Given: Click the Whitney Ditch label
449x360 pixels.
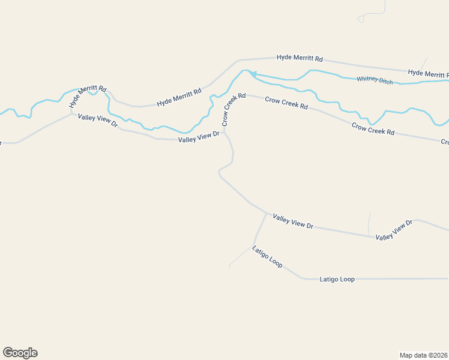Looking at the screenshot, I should [375, 80].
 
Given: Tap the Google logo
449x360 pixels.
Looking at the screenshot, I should [20, 353].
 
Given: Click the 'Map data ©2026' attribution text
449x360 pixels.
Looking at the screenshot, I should [423, 355].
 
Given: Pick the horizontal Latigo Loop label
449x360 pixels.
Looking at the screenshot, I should [337, 279].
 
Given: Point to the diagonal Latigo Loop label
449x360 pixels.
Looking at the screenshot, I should [267, 257].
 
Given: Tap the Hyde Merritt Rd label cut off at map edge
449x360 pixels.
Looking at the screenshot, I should [428, 73].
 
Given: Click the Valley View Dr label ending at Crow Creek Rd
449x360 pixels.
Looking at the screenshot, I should [199, 137].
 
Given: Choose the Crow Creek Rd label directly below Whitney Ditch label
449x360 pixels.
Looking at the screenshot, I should [373, 128].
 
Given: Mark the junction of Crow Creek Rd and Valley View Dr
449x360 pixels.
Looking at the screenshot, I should [224, 132].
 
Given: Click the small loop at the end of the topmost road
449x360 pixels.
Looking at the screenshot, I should [361, 19].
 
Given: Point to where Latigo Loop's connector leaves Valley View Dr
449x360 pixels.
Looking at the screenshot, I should [266, 214].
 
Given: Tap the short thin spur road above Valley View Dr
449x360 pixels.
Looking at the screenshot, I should [369, 224].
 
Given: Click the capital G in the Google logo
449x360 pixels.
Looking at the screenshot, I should [8, 353].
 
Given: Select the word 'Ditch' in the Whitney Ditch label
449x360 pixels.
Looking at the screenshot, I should [385, 81].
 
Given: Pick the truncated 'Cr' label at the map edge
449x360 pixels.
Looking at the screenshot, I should [445, 142].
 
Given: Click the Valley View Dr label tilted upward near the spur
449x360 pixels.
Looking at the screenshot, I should [394, 230].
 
